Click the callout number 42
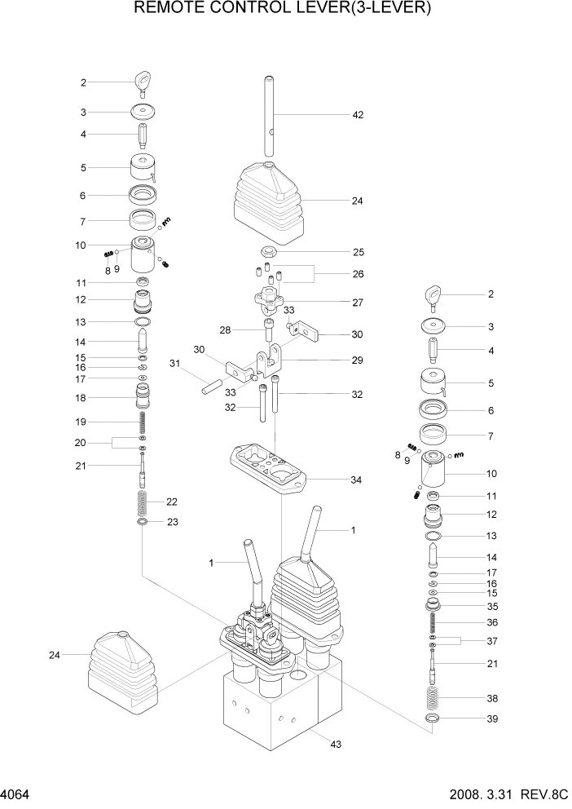pos(357,115)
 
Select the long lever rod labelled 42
pos(269,114)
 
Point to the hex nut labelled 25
pos(269,252)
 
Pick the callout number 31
pos(174,363)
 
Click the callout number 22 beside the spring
pos(172,502)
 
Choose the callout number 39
pos(491,718)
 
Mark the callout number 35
pos(491,607)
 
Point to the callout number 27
pos(357,302)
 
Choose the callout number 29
pos(357,360)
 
